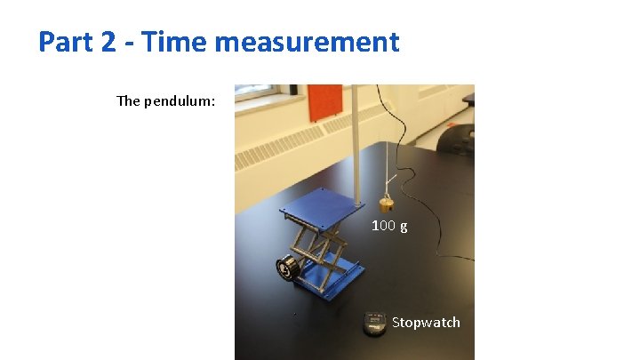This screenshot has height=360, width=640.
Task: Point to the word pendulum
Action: [181, 100]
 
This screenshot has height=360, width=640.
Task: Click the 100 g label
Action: [389, 226]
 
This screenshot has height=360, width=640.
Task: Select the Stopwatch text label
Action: [426, 322]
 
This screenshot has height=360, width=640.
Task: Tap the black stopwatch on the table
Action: [374, 324]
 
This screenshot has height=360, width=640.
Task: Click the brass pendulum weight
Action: [388, 201]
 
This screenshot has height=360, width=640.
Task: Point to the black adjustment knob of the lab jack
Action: [287, 268]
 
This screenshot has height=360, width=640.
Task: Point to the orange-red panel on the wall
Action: [324, 101]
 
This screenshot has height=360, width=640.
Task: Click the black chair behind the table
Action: [457, 138]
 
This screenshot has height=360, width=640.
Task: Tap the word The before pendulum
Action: [129, 100]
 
